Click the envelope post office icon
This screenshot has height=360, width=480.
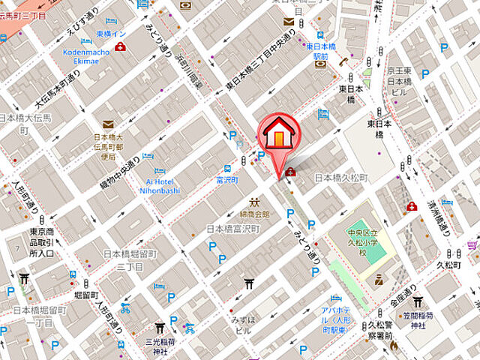108,125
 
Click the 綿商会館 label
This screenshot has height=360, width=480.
255,214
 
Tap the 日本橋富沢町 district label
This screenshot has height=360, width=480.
232,229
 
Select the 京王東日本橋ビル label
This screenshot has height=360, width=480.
400,82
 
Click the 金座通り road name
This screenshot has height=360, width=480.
402,295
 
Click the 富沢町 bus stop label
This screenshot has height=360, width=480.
226,181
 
